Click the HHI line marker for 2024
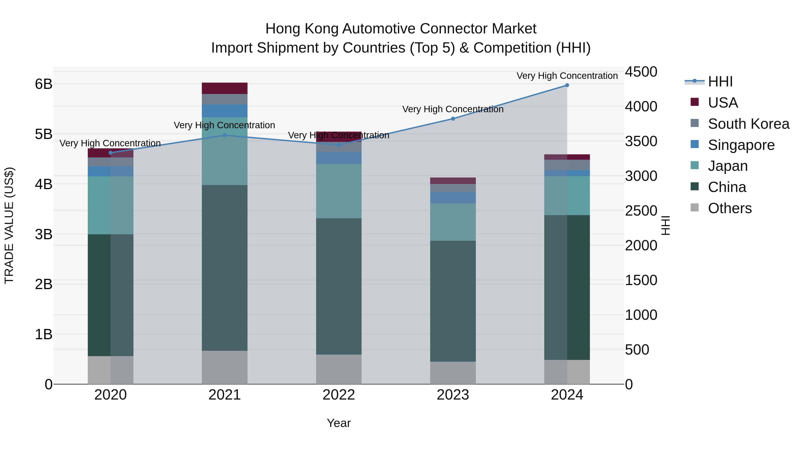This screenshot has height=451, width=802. tap(567, 85)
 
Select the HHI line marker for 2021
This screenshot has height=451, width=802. tap(225, 135)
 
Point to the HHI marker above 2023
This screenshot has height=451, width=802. tap(453, 118)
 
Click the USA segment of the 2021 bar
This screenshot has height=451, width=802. tap(225, 88)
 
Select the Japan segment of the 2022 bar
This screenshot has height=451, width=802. tap(339, 191)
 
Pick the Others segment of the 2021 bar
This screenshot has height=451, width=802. tap(225, 367)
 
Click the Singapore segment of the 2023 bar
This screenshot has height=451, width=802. tap(453, 198)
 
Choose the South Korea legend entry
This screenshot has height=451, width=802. tap(749, 124)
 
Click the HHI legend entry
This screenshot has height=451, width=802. tap(720, 82)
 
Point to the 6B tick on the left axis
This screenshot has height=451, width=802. tap(44, 84)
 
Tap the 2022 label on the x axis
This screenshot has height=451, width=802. tap(339, 395)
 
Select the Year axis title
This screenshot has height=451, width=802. tap(339, 423)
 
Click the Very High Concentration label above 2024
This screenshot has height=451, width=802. tap(567, 76)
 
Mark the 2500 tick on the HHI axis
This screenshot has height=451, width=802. tap(641, 211)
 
